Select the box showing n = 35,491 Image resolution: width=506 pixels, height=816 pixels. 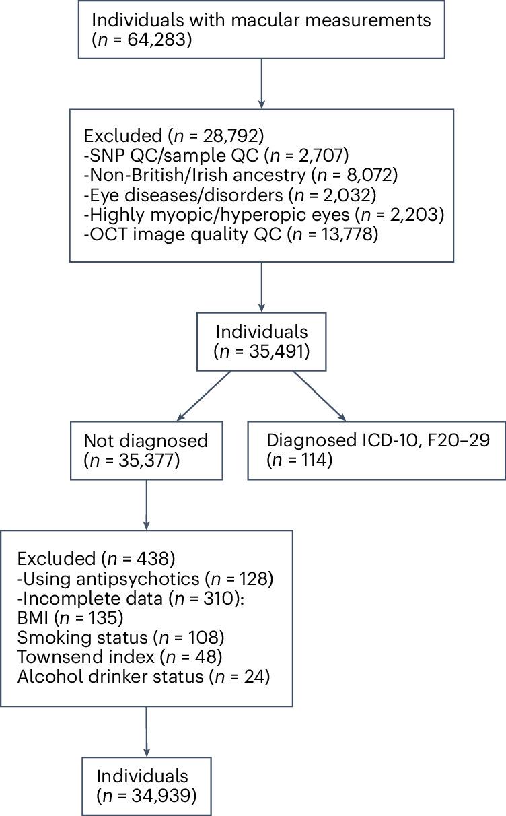pyautogui.click(x=261, y=341)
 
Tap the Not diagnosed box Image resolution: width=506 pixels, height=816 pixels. pyautogui.click(x=146, y=450)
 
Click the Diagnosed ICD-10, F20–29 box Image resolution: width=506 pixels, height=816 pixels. pyautogui.click(x=377, y=450)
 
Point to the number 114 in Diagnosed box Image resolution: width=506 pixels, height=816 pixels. pyautogui.click(x=316, y=461)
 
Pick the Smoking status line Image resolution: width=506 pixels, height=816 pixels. pyautogui.click(x=120, y=638)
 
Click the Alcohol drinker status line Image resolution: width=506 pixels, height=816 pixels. pyautogui.click(x=143, y=677)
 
